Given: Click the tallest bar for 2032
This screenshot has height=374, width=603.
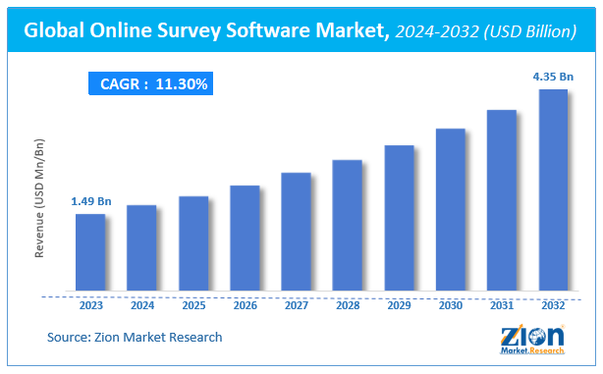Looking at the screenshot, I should (553, 190).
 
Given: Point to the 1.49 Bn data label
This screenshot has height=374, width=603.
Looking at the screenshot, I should (90, 201).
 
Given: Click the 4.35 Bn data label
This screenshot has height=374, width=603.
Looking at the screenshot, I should (553, 77).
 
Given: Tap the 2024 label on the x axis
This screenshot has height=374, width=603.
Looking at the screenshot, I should (141, 305).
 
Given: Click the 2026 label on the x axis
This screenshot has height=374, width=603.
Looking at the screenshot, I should (245, 305).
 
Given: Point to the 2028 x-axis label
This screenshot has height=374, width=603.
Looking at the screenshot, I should (348, 305).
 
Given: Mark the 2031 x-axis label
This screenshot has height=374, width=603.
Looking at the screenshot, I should (502, 305).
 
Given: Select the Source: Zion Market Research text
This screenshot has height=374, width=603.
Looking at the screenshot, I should (135, 337).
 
